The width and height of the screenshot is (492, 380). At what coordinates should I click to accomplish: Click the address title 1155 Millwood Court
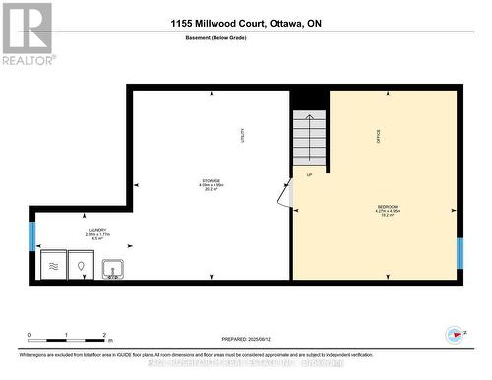(246, 22)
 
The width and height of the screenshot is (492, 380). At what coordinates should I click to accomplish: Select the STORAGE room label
(213, 182)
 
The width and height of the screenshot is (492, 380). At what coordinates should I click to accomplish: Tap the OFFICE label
(377, 138)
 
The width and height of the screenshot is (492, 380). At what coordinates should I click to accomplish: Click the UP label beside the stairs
(309, 175)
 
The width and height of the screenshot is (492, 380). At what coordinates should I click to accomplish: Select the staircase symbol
(309, 139)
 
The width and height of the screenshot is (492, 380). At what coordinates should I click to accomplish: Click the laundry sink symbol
(112, 267)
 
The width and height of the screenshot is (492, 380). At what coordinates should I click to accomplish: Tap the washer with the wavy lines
(51, 266)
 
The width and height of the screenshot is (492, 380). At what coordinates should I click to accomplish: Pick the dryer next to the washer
(79, 266)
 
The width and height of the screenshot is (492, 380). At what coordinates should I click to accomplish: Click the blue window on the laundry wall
(31, 236)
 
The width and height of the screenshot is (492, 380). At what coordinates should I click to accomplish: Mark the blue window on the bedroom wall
(459, 252)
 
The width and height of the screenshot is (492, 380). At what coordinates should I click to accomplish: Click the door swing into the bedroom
(284, 194)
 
